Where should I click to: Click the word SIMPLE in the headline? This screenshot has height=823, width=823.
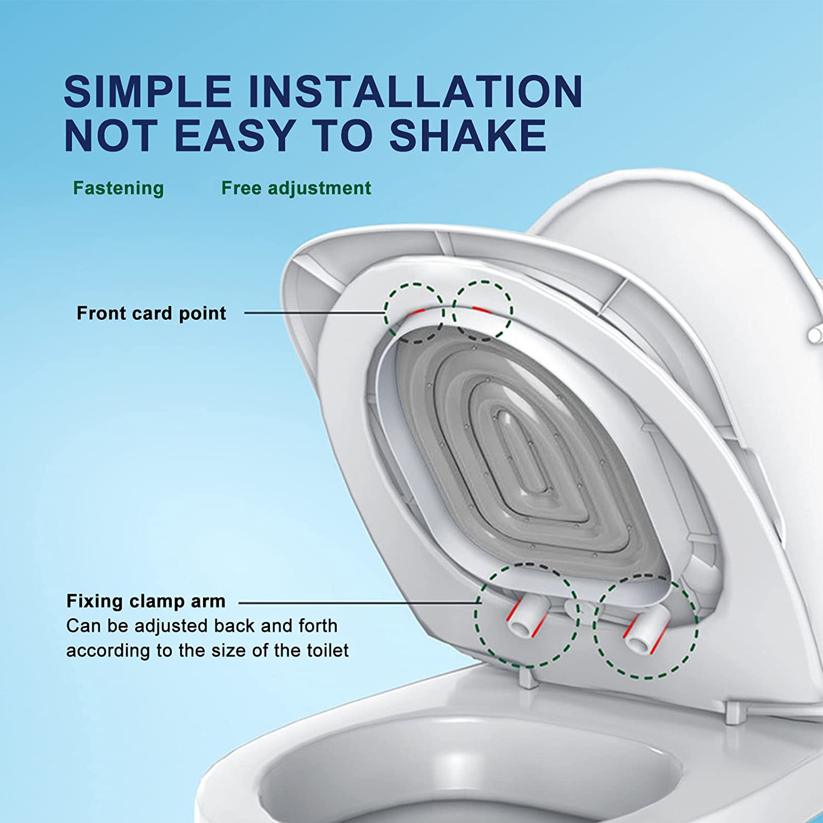pos(147,91)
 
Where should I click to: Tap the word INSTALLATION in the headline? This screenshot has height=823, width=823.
pos(415,91)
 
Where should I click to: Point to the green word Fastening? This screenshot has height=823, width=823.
pos(119,188)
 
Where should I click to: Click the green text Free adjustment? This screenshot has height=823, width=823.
pos(296,188)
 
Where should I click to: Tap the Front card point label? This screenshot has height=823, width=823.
pos(151,313)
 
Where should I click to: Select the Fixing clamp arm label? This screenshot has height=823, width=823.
pos(146,601)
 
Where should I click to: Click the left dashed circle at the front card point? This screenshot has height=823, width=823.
pos(414,313)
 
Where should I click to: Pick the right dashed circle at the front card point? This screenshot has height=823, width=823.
pos(482,311)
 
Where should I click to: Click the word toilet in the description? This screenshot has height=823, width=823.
pos(328,651)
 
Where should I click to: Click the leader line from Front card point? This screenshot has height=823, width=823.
pos(313,313)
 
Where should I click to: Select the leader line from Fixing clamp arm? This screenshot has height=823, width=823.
pos(357,602)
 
